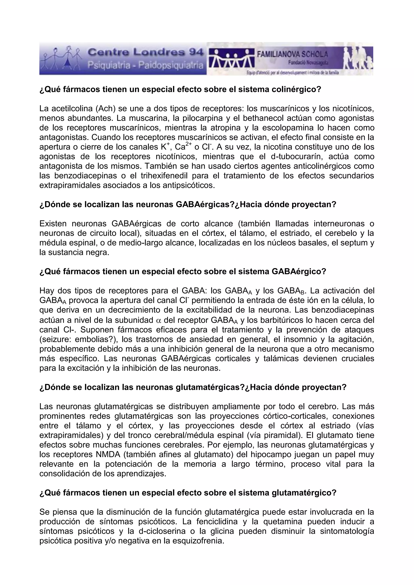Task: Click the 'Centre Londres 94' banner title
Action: [145, 53]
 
